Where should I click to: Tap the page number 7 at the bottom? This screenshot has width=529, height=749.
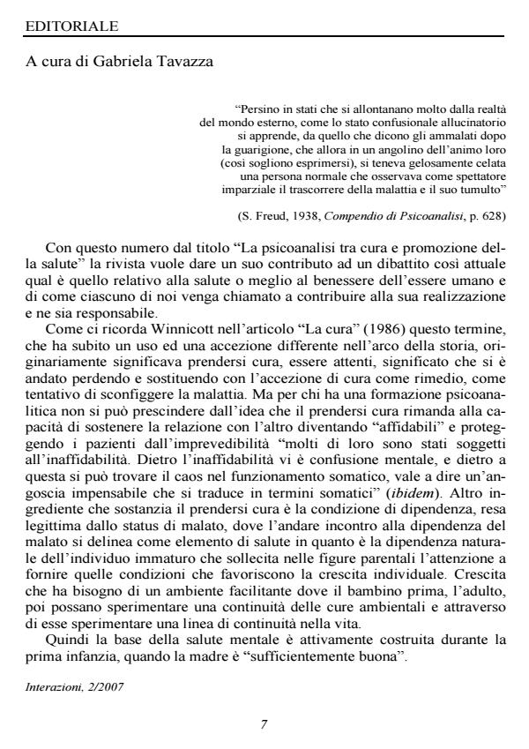click(264, 724)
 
